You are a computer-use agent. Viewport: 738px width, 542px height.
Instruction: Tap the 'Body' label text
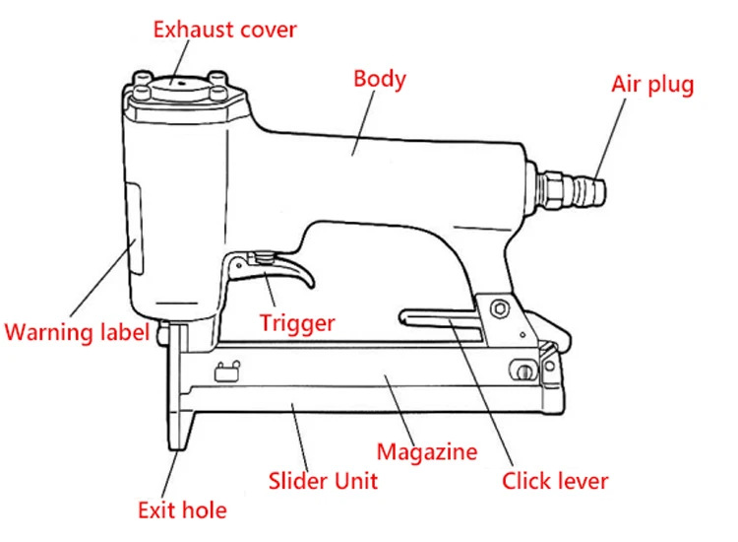click(379, 79)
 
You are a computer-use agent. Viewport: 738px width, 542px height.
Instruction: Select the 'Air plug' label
click(652, 84)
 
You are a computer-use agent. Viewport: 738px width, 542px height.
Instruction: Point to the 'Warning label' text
click(77, 331)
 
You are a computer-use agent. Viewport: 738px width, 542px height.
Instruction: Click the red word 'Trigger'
click(297, 322)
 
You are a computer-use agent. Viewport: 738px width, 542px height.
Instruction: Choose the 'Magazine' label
click(427, 452)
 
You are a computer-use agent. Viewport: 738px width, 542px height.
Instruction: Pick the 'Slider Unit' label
click(323, 481)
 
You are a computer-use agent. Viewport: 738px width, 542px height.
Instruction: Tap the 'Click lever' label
click(555, 481)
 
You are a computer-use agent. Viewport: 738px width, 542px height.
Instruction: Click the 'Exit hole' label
click(182, 509)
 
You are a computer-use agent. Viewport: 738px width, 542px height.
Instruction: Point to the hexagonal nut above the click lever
click(500, 307)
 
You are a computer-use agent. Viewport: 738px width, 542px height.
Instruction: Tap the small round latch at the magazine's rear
click(523, 370)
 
